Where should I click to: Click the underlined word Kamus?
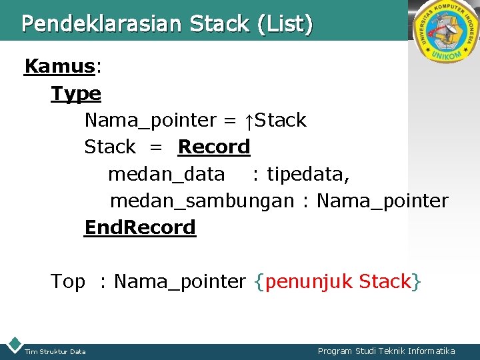59,67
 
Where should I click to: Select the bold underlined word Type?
76,94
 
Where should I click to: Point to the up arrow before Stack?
248,121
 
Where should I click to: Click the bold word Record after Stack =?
214,147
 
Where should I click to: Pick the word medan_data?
166,174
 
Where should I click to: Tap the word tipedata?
307,174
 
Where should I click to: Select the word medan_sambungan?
201,201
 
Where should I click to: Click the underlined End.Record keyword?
140,228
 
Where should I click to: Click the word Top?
68,282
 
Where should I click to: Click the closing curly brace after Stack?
417,282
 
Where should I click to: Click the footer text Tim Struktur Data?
55,351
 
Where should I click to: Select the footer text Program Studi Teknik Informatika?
386,351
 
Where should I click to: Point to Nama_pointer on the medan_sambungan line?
383,201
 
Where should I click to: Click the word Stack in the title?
219,24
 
